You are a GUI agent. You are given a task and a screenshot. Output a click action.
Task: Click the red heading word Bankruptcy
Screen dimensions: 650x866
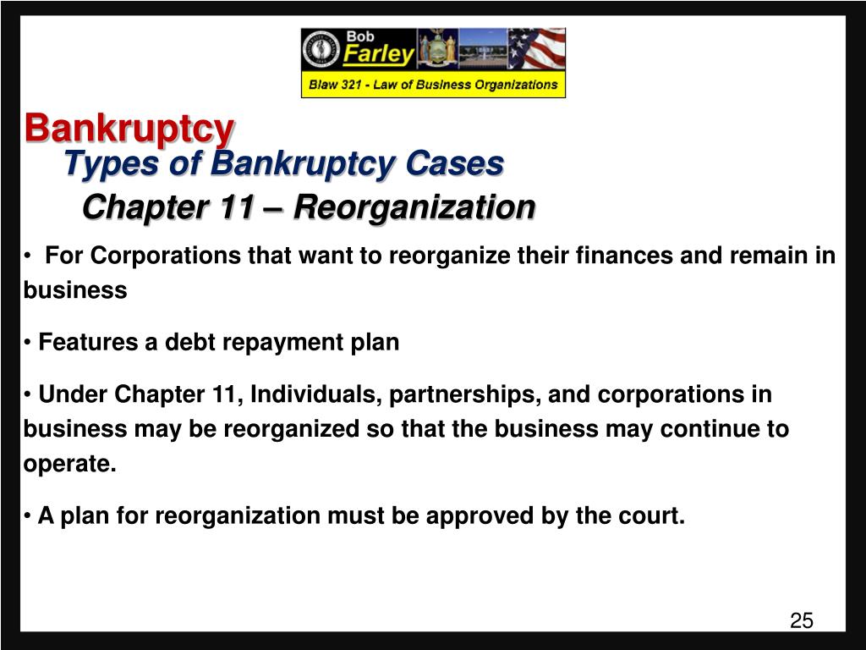click(129, 129)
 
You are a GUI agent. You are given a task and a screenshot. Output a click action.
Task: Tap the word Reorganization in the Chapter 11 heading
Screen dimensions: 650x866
click(414, 207)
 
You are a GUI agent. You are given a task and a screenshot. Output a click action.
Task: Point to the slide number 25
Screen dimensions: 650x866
click(801, 621)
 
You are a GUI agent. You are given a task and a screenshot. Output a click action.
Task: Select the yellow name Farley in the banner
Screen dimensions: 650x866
click(378, 56)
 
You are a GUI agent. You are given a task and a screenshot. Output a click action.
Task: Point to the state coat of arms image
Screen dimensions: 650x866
click(437, 50)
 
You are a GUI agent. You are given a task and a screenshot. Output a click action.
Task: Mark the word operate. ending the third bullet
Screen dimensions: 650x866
click(69, 465)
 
